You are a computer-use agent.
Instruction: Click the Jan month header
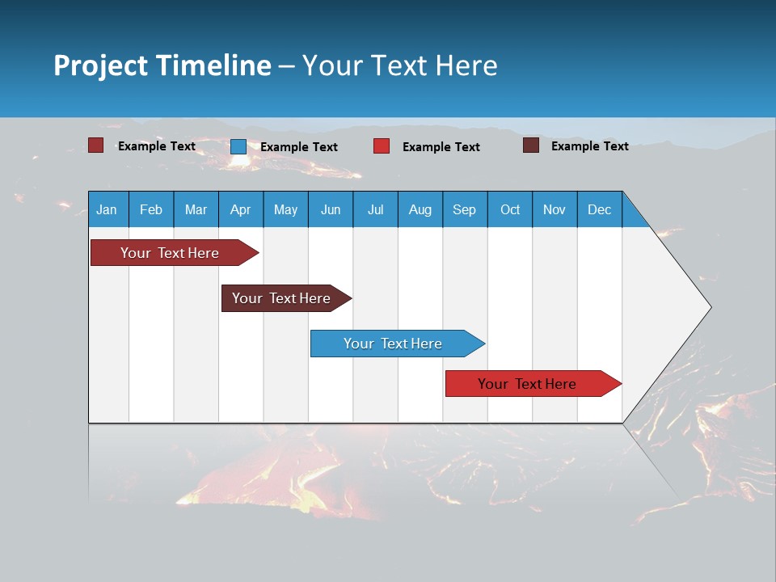click(x=107, y=209)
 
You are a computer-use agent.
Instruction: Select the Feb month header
click(x=151, y=209)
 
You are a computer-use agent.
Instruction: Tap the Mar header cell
click(x=196, y=209)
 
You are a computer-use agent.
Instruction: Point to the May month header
click(x=285, y=209)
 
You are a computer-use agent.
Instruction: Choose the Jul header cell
click(x=375, y=209)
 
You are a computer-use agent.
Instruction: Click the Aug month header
click(x=420, y=209)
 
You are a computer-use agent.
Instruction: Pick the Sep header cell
click(x=464, y=209)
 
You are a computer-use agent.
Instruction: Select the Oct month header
click(x=509, y=209)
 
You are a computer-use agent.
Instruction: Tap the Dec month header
click(x=599, y=209)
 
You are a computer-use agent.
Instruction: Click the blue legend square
click(x=238, y=146)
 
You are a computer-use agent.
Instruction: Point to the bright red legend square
click(x=382, y=146)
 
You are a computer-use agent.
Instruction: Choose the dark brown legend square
click(x=531, y=145)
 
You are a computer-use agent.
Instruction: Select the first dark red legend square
click(x=96, y=145)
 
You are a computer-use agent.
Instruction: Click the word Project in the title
click(x=101, y=65)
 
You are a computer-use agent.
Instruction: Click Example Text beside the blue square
click(x=299, y=147)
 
